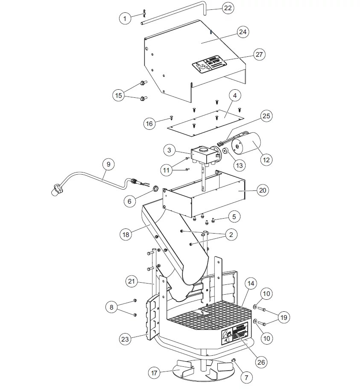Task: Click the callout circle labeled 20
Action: coord(263,190)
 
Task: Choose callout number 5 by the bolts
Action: coord(234,217)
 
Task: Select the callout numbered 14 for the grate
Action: coord(251,283)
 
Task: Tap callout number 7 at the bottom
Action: coord(246,377)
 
